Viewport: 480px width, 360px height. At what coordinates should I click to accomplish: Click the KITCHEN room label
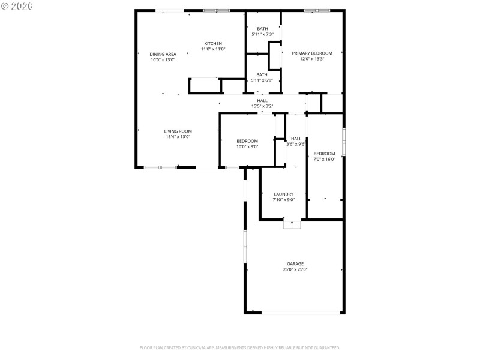pyautogui.click(x=213, y=43)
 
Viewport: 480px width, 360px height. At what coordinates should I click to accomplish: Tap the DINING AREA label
pyautogui.click(x=163, y=54)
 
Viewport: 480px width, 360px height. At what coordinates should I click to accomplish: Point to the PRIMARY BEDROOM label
pyautogui.click(x=312, y=53)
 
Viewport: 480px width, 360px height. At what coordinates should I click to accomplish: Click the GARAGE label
pyautogui.click(x=295, y=263)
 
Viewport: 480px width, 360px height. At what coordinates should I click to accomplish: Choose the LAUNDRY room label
pyautogui.click(x=283, y=194)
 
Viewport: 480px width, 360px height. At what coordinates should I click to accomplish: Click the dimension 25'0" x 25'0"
pyautogui.click(x=295, y=270)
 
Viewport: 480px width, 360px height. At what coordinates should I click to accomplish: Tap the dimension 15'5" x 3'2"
pyautogui.click(x=262, y=106)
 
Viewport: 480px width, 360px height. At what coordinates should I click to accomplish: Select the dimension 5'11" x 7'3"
pyautogui.click(x=262, y=35)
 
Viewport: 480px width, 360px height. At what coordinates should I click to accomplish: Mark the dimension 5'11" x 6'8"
pyautogui.click(x=262, y=80)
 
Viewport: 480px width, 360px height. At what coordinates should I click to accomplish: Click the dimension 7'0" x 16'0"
pyautogui.click(x=324, y=159)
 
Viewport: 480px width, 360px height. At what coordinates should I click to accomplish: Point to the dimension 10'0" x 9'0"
pyautogui.click(x=247, y=146)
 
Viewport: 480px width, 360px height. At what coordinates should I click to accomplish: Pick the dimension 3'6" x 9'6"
pyautogui.click(x=296, y=145)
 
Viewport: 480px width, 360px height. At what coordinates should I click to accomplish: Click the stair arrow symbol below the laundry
pyautogui.click(x=292, y=224)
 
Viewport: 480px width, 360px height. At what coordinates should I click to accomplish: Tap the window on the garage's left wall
pyautogui.click(x=244, y=246)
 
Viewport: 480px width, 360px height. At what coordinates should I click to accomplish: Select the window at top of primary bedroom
pyautogui.click(x=316, y=10)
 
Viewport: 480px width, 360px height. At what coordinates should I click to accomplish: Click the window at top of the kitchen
pyautogui.click(x=216, y=10)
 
